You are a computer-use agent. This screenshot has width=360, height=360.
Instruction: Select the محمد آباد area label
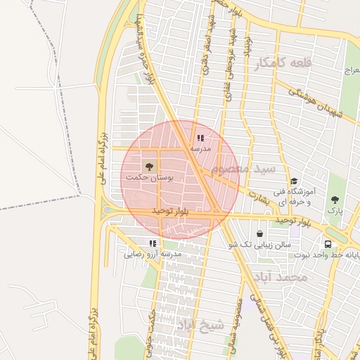click(283, 278)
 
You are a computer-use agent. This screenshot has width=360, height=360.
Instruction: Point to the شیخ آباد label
click(199, 325)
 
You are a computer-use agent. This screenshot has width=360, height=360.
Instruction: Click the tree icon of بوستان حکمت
click(149, 166)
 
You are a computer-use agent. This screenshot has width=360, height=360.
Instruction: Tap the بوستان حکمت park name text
click(149, 179)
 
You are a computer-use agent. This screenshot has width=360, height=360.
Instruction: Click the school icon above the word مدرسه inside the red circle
click(200, 139)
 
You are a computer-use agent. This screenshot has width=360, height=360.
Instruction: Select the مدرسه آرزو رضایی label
click(153, 255)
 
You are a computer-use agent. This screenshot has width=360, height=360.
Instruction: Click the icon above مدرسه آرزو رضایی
click(153, 243)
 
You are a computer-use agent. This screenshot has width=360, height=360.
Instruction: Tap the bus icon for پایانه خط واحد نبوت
click(328, 243)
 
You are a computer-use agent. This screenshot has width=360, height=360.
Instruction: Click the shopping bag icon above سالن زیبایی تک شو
click(260, 233)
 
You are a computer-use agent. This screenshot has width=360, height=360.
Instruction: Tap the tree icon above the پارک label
click(335, 200)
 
